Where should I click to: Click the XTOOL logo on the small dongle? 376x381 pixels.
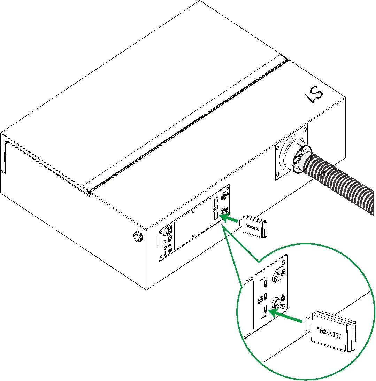pos(252,227)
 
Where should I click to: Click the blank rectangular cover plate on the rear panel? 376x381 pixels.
pos(192,224)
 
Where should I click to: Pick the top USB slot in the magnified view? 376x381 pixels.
pos(266,283)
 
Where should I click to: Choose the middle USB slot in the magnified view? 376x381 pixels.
pos(266,295)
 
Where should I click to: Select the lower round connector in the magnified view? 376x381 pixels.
pos(278,303)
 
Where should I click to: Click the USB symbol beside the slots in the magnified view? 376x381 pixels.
pos(260,300)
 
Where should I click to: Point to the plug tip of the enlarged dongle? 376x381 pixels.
pos(308,324)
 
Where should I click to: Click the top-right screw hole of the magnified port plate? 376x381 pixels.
pos(283,263)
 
